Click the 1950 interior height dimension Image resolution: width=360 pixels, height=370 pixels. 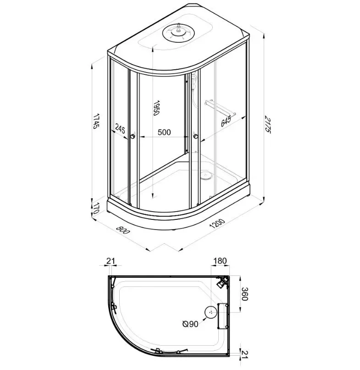click(x=156, y=108)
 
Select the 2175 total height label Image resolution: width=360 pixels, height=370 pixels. click(x=267, y=124)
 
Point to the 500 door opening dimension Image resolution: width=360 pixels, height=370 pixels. click(x=164, y=132)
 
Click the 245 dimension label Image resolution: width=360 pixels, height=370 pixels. click(x=120, y=129)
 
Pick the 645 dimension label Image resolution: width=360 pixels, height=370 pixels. click(x=226, y=122)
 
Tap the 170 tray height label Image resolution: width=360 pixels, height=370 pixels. click(x=95, y=207)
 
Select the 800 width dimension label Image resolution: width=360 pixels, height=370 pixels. click(x=123, y=230)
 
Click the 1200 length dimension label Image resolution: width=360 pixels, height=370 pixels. click(x=217, y=224)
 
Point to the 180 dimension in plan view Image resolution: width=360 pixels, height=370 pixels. click(x=220, y=261)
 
